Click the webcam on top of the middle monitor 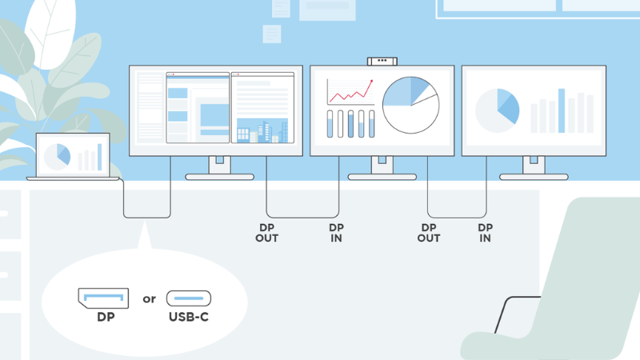coord(382,61)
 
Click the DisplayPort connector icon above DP coord(103,298)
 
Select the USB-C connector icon coord(189,299)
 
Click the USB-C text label coord(189,318)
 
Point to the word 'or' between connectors coord(149,299)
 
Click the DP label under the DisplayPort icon coord(104,318)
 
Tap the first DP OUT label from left coord(267,233)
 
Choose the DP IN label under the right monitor coord(485,233)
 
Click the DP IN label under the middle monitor coord(337,233)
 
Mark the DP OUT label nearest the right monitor coord(429,233)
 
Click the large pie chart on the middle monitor coord(410,105)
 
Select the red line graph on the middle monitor coord(350,93)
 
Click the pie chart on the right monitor coord(497,110)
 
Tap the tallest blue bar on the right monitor coord(562,110)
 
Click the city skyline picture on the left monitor coord(262,130)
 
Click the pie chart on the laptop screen coord(58,155)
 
